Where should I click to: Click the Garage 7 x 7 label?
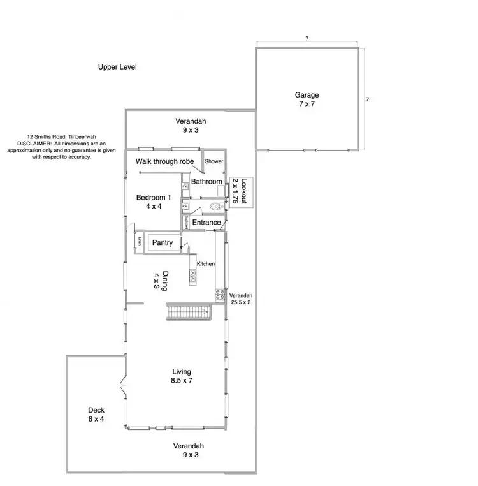(x=307, y=99)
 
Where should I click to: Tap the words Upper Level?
(x=117, y=67)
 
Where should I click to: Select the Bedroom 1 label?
(x=153, y=202)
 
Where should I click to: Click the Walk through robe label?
(x=164, y=161)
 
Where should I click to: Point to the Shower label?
(x=214, y=161)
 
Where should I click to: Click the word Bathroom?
(x=206, y=182)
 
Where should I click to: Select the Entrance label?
(x=206, y=223)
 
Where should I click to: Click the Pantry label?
(x=162, y=243)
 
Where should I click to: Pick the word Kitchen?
(x=206, y=263)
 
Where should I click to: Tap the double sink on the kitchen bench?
(x=192, y=275)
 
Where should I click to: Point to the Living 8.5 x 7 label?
(x=182, y=376)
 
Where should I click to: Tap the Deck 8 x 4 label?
(x=96, y=415)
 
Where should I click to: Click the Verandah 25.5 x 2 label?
(x=241, y=299)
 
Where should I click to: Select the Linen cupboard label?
(x=138, y=242)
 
